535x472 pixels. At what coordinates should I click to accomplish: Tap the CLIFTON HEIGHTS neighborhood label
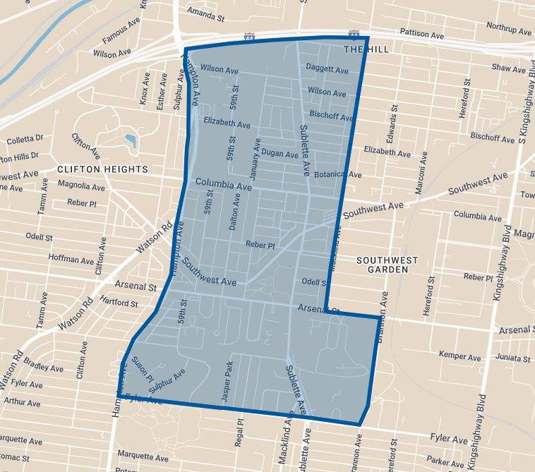(102, 169)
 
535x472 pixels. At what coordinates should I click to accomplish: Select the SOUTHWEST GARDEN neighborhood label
(387, 265)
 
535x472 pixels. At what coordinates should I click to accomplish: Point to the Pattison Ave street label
(421, 34)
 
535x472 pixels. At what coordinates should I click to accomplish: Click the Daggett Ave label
(327, 70)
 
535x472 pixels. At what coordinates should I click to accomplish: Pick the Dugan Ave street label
(280, 153)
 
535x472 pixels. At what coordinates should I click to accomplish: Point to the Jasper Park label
(227, 383)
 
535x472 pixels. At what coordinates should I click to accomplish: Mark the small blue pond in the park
(130, 140)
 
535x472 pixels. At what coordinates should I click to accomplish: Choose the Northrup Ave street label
(509, 28)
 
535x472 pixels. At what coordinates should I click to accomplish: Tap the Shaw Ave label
(510, 68)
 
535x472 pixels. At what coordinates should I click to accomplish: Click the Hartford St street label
(119, 303)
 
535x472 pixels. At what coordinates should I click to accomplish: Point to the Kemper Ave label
(459, 353)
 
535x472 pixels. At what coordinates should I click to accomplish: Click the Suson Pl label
(143, 368)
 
